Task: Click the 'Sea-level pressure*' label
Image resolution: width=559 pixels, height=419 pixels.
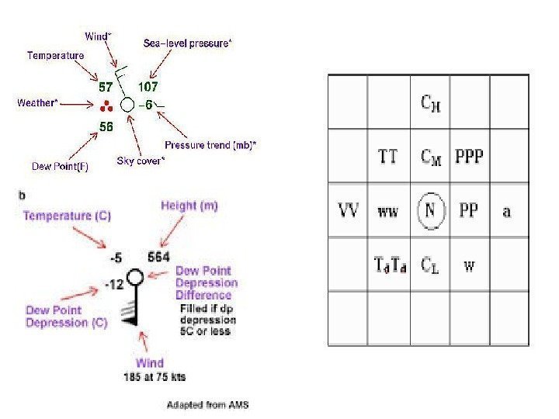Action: (x=187, y=44)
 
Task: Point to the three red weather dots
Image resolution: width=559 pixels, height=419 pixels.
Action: (x=106, y=106)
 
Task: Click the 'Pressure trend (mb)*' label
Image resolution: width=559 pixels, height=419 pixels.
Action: (x=211, y=145)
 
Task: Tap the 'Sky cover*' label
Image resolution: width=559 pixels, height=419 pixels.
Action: (x=141, y=161)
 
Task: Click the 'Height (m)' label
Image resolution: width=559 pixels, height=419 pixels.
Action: (x=189, y=206)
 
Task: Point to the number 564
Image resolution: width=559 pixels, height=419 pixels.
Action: (x=158, y=257)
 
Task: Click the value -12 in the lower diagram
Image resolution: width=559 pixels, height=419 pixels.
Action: (x=113, y=286)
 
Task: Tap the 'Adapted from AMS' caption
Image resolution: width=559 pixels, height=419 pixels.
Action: (x=208, y=404)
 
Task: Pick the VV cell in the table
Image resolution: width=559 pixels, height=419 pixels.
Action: (x=349, y=210)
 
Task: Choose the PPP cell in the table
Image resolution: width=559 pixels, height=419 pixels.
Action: (x=468, y=157)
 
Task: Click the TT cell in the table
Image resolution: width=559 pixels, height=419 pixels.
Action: (x=388, y=157)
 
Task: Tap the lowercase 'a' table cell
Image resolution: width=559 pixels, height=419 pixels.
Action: (x=507, y=211)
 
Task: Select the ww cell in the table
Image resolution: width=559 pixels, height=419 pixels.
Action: (x=388, y=211)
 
